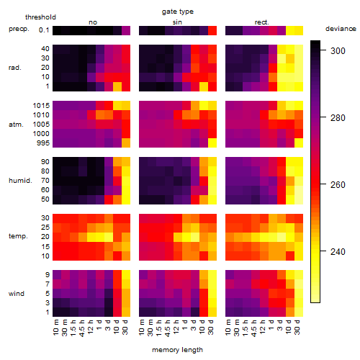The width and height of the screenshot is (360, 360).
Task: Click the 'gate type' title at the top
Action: pyautogui.click(x=178, y=12)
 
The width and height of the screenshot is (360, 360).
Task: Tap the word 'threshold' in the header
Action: pyautogui.click(x=40, y=17)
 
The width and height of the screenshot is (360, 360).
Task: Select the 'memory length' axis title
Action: pyautogui.click(x=177, y=350)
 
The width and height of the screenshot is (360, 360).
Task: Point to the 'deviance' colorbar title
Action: pyautogui.click(x=341, y=29)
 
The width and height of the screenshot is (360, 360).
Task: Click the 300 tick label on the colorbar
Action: pyautogui.click(x=338, y=51)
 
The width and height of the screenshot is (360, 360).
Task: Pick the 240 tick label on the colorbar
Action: pyautogui.click(x=338, y=252)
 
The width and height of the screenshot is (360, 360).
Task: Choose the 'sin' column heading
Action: pyautogui.click(x=177, y=22)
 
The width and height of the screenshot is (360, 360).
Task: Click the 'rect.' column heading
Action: pyautogui.click(x=261, y=22)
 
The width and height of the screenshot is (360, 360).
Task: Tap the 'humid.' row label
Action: pyautogui.click(x=20, y=181)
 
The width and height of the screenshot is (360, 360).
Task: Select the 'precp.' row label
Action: pyautogui.click(x=19, y=29)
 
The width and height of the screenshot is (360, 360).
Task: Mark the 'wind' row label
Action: pyautogui.click(x=17, y=294)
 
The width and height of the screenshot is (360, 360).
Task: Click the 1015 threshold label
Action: pyautogui.click(x=41, y=106)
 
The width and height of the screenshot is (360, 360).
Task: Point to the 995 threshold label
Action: pyautogui.click(x=43, y=143)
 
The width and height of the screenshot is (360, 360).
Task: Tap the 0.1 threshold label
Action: pyautogui.click(x=44, y=30)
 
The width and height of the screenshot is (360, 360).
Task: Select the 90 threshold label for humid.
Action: pyautogui.click(x=45, y=162)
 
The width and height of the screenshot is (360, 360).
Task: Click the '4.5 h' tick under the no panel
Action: pyautogui.click(x=82, y=328)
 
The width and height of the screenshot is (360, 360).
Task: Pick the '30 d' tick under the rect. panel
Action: pyautogui.click(x=297, y=328)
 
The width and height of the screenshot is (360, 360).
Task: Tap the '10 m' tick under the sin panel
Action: pyautogui.click(x=142, y=328)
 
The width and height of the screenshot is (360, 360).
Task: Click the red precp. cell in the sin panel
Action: pyautogui.click(x=212, y=30)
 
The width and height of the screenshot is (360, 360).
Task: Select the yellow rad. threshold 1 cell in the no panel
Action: pyautogui.click(x=117, y=86)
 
